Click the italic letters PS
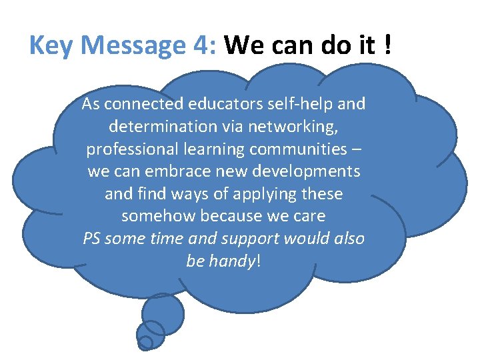point(92,239)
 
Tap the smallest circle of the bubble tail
point(145,343)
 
